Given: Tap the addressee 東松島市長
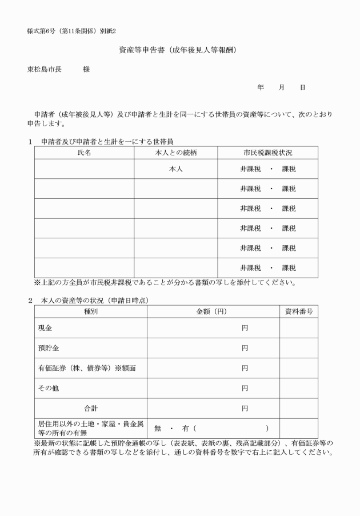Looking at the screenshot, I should click(44, 70).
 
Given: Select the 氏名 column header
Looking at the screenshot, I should click(84, 153).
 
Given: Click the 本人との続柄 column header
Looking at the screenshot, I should click(176, 153).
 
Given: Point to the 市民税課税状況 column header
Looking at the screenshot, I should click(268, 153).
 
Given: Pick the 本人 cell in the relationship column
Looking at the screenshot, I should click(176, 169).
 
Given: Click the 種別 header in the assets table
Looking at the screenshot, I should click(90, 311).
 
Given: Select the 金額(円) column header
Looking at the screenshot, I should click(213, 311).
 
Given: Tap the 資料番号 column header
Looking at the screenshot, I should click(298, 311).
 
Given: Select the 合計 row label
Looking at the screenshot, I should click(90, 409).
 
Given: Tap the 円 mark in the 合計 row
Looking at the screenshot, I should click(245, 409).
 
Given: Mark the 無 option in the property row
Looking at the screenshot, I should click(158, 429).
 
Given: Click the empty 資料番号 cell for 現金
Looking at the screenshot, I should click(298, 328).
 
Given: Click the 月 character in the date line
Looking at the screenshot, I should click(282, 87).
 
